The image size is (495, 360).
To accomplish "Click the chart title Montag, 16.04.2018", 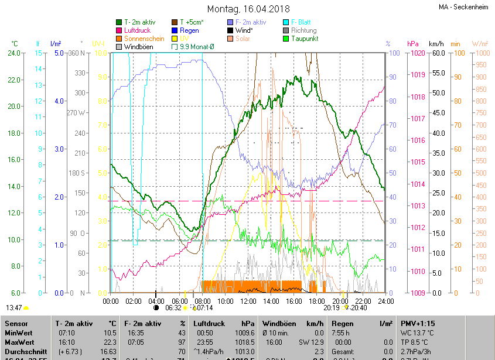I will (247, 9).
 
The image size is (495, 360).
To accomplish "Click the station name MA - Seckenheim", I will (464, 7).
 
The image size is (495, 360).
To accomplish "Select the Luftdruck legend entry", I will (137, 30).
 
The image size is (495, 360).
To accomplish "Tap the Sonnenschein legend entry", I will (144, 39).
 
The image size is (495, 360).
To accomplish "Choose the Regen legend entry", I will (189, 30).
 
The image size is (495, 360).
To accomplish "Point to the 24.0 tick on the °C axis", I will (13, 53).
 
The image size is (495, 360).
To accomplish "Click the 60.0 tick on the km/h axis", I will (438, 53).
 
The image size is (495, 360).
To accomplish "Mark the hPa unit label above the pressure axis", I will (413, 44).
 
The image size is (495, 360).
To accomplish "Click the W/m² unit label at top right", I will (480, 44).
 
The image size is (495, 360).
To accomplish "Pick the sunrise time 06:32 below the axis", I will (173, 307).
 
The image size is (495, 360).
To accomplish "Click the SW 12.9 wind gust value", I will (313, 342).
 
